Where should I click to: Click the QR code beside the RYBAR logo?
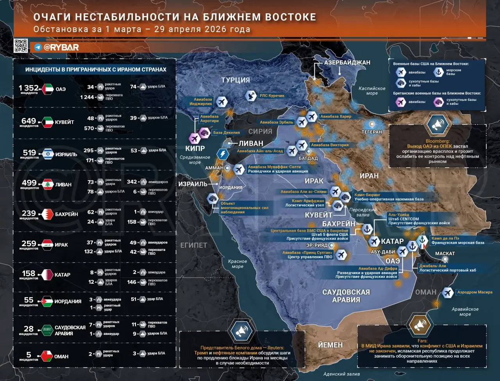pyautogui.click(x=21, y=46)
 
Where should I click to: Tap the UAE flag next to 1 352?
pyautogui.click(x=48, y=89)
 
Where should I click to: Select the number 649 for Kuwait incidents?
pyautogui.click(x=29, y=121)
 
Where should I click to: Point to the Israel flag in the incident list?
pyautogui.click(x=48, y=154)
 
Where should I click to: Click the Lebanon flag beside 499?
pyautogui.click(x=48, y=184)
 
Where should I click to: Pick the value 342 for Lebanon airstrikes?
pyautogui.click(x=132, y=182)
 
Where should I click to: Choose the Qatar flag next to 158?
pyautogui.click(x=48, y=275)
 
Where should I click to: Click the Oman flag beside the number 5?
pyautogui.click(x=48, y=356)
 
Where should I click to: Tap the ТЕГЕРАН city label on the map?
pyautogui.click(x=371, y=132)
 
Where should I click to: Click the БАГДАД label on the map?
pyautogui.click(x=308, y=158)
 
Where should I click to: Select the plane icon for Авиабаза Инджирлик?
pyautogui.click(x=221, y=102)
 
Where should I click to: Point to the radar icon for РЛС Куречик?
pyautogui.click(x=250, y=95)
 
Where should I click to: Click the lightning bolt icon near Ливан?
pyautogui.click(x=223, y=154)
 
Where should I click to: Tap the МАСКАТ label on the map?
pyautogui.click(x=445, y=254)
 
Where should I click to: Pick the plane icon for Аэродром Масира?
pyautogui.click(x=448, y=292)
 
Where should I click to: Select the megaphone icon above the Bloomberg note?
pyautogui.click(x=437, y=124)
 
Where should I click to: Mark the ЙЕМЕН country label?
pyautogui.click(x=330, y=345)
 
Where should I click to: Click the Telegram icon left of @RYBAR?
pyautogui.click(x=38, y=47)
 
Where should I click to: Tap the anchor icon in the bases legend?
pyautogui.click(x=439, y=72)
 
